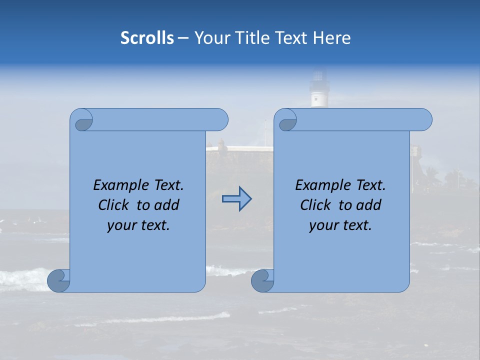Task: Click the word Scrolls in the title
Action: click(x=147, y=38)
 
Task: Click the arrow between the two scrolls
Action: click(x=237, y=199)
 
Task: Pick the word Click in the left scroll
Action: click(x=114, y=205)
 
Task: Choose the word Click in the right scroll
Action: click(x=316, y=205)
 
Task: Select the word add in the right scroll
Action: click(x=369, y=205)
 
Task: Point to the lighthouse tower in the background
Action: click(x=318, y=90)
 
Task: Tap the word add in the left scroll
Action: click(x=167, y=205)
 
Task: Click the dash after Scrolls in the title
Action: click(x=182, y=38)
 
